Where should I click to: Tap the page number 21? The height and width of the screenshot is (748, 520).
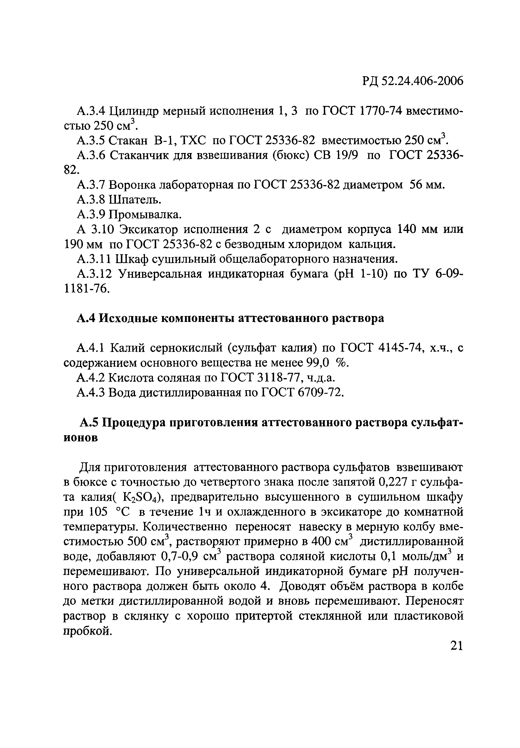point(456,645)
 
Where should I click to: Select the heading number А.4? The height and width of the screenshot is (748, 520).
point(86,318)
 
